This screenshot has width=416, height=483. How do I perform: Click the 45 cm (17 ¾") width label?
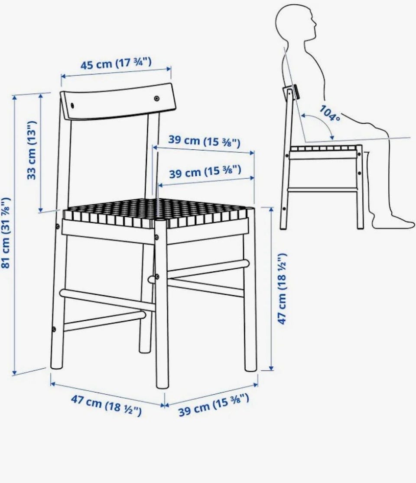click(x=116, y=64)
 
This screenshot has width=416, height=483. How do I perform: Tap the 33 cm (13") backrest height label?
click(x=32, y=150)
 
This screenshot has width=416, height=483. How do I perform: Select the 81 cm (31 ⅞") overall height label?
click(x=6, y=233)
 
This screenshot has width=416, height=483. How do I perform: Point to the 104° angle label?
click(x=330, y=113)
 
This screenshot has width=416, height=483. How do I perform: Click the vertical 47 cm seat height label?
click(x=283, y=289)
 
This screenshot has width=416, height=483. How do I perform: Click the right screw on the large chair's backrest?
click(x=157, y=98)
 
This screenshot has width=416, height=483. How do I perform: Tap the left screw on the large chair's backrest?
click(x=72, y=105)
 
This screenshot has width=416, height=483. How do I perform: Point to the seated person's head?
click(x=295, y=22)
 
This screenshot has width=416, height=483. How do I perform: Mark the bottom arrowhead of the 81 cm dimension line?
click(x=14, y=373)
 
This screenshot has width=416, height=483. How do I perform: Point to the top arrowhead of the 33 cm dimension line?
click(x=41, y=97)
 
